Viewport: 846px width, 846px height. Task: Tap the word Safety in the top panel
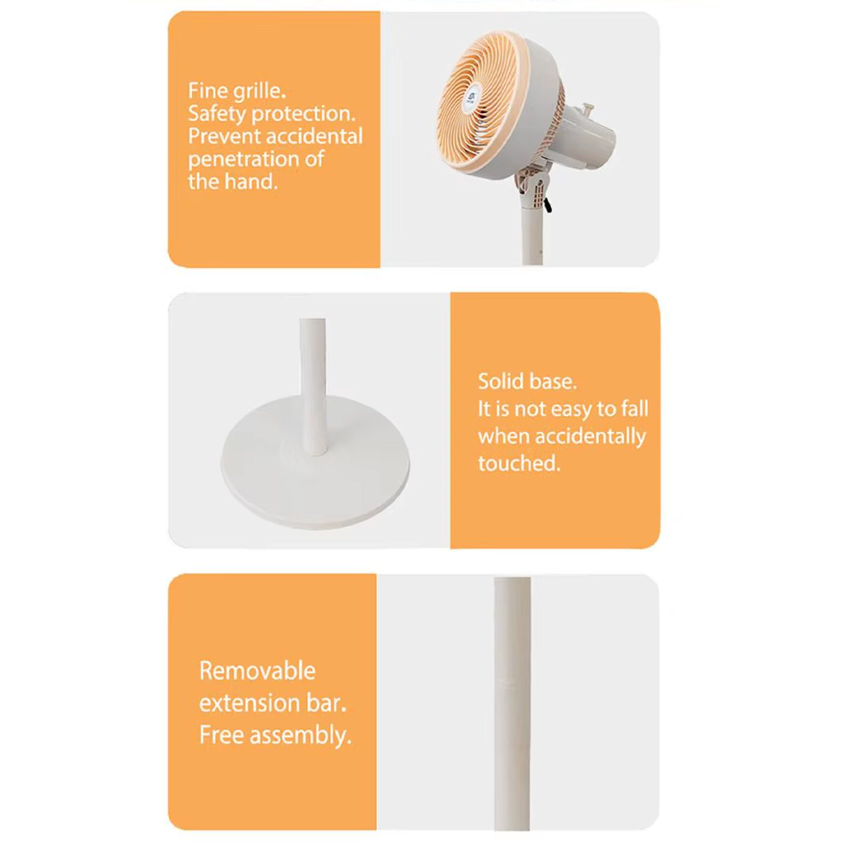216,114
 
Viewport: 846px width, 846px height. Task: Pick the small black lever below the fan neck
548,204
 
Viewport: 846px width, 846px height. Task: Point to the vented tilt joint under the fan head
532,184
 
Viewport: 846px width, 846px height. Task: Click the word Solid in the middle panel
497,381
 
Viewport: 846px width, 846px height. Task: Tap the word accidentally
590,437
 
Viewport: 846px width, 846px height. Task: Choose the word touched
519,463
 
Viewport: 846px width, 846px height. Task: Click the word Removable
257,670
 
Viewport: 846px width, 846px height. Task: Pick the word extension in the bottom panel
249,703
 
